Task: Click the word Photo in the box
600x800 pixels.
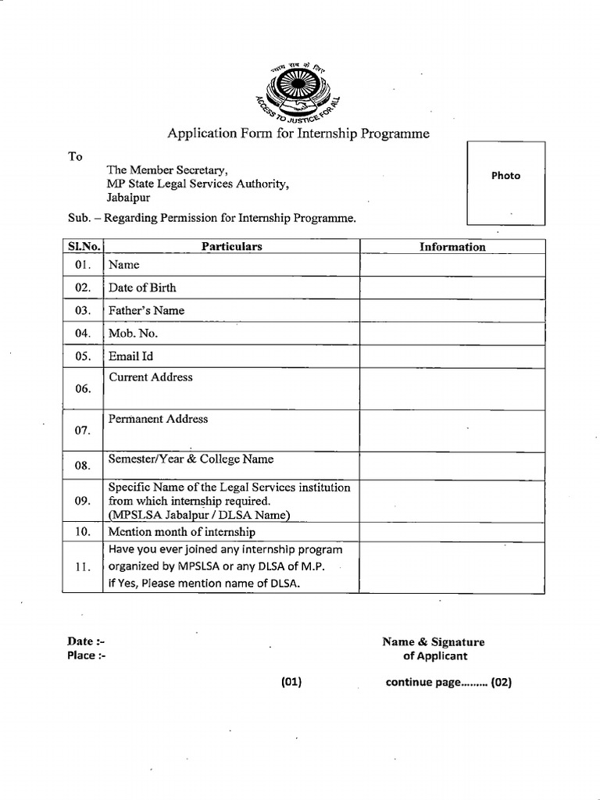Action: coord(505,176)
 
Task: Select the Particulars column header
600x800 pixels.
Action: coord(231,247)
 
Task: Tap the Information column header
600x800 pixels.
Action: coord(452,247)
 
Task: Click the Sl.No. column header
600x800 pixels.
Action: coord(83,247)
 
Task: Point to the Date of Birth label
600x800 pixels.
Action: coord(142,287)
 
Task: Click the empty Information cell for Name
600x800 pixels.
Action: coord(452,266)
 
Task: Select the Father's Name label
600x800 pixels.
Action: coord(147,310)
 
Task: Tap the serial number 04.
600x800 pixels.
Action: coord(83,334)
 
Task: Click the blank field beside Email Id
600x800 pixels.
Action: coord(452,356)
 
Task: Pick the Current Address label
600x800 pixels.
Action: coord(151,377)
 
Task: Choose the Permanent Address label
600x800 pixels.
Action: coord(159,419)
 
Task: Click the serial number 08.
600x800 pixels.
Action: coord(83,466)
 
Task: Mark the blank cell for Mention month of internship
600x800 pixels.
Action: coord(452,532)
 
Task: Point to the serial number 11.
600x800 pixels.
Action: coord(83,566)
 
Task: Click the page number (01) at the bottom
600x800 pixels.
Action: coord(291,682)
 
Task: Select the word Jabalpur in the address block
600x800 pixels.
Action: coord(129,198)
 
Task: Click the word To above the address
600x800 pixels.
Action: coord(75,156)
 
